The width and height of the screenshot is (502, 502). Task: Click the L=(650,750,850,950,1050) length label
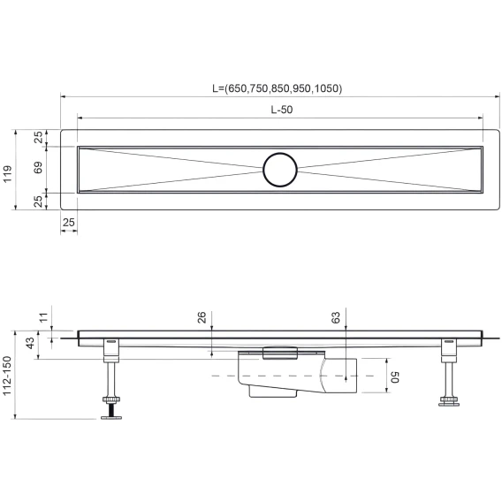[278, 88]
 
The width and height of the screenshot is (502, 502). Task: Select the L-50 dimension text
[282, 110]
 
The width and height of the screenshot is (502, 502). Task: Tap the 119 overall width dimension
[7, 174]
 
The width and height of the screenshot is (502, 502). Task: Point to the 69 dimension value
[38, 167]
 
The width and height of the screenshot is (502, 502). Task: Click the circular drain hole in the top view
[280, 170]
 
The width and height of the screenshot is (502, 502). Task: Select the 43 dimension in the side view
[30, 343]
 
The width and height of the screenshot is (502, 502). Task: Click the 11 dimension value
[43, 317]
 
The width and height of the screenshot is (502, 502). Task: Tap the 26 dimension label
[202, 317]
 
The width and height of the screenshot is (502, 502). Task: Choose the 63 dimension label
[336, 317]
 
